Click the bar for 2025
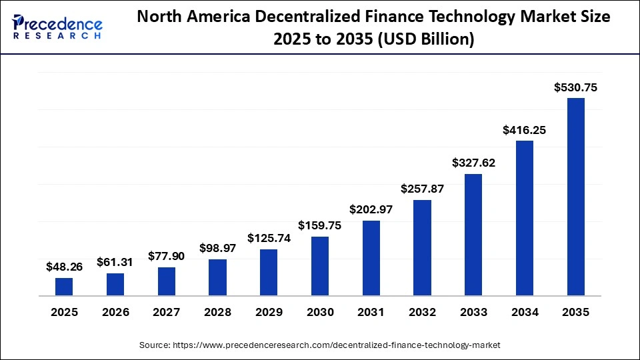pos(64,287)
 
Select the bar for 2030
pos(320,266)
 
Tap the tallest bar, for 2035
pos(576,197)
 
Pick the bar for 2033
pos(473,235)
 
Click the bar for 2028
pos(217,277)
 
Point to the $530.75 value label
pos(576,87)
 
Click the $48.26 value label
pos(64,267)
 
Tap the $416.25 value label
pos(525,130)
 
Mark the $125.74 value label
pos(269,238)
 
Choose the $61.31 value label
pos(115,263)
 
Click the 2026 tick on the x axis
pos(115,312)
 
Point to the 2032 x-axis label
pos(422,312)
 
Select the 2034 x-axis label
pos(525,312)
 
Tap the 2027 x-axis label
pos(167,312)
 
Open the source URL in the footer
pos(337,345)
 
